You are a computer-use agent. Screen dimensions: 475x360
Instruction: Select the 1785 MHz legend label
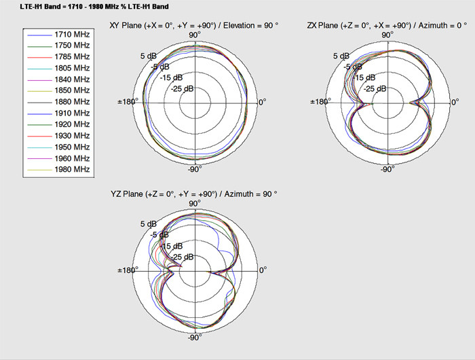click(x=72, y=56)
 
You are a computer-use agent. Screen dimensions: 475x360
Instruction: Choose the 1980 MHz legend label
click(x=72, y=169)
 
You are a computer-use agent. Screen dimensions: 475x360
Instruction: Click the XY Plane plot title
click(x=194, y=26)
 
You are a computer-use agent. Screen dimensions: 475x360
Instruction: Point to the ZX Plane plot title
click(x=387, y=26)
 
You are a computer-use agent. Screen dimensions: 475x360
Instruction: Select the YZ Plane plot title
click(x=194, y=194)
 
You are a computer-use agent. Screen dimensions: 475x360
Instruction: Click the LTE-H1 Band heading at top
click(x=94, y=6)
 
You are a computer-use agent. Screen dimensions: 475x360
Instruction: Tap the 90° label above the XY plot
click(x=194, y=35)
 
